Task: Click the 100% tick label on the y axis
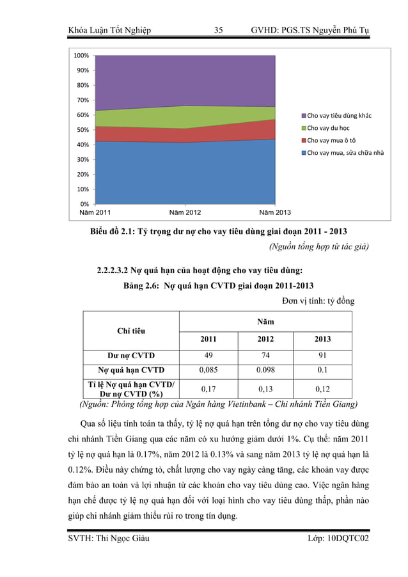coord(81,56)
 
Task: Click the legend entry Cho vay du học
coord(331,128)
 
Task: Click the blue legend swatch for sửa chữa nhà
coord(304,152)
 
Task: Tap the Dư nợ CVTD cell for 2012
coord(265,356)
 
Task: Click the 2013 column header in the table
coord(322,339)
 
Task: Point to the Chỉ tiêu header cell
coord(130,331)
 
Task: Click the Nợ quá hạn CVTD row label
coord(130,370)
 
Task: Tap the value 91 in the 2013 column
coord(322,356)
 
